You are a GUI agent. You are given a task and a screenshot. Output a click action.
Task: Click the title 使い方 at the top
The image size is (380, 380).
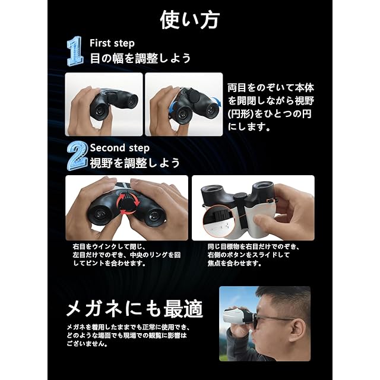tap(190, 20)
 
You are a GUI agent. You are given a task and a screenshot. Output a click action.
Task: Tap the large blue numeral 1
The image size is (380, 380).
tap(75, 51)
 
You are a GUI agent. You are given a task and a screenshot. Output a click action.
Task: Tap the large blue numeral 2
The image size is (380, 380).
tap(77, 156)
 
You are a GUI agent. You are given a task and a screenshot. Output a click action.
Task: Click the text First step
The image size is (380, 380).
tap(112, 43)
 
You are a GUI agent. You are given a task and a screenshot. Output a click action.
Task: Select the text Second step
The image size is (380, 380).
tap(120, 148)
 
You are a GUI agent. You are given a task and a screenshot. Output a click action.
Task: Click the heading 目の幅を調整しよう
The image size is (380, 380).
tap(140, 58)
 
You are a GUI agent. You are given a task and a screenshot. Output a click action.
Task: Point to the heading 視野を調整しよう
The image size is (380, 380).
tap(135, 163)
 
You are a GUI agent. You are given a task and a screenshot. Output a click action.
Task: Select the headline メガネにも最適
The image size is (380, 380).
tap(135, 309)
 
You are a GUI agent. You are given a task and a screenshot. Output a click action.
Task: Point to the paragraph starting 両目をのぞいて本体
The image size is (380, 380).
tap(271, 107)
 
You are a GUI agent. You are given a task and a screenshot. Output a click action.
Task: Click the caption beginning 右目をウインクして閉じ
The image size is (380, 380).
tap(126, 255)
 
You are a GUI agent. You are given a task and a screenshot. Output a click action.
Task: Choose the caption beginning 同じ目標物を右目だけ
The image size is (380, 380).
tap(254, 255)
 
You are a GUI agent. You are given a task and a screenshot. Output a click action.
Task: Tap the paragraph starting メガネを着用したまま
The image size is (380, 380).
tap(128, 335)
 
